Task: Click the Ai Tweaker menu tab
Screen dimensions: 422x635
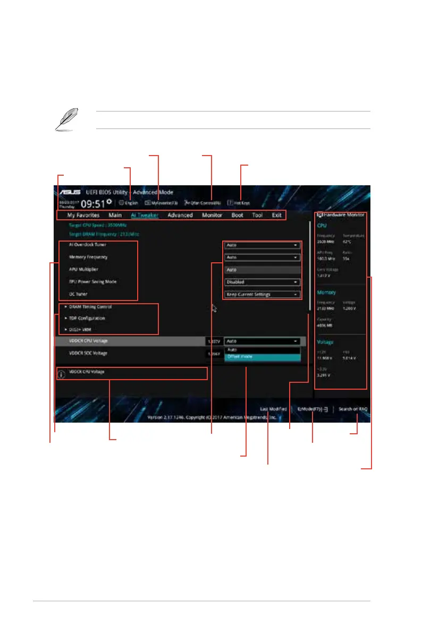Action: tap(145, 216)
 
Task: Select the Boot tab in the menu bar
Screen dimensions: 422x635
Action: tap(237, 216)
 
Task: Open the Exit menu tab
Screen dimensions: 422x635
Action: tap(277, 216)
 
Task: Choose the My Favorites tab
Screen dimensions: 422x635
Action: tap(83, 216)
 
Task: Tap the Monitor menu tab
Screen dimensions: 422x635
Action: tap(212, 216)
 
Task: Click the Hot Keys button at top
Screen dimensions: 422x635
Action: tap(239, 203)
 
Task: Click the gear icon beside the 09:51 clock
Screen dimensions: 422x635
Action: tap(109, 202)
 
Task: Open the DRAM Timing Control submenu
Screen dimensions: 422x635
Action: tap(91, 307)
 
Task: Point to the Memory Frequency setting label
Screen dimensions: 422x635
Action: tap(88, 257)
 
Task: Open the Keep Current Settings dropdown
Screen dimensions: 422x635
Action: tap(262, 294)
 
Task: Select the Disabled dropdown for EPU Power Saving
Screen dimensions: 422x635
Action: tap(262, 282)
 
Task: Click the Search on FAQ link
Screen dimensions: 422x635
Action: tap(353, 409)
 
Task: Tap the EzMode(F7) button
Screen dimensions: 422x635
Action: tap(313, 409)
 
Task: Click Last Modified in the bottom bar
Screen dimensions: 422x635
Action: tap(273, 409)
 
